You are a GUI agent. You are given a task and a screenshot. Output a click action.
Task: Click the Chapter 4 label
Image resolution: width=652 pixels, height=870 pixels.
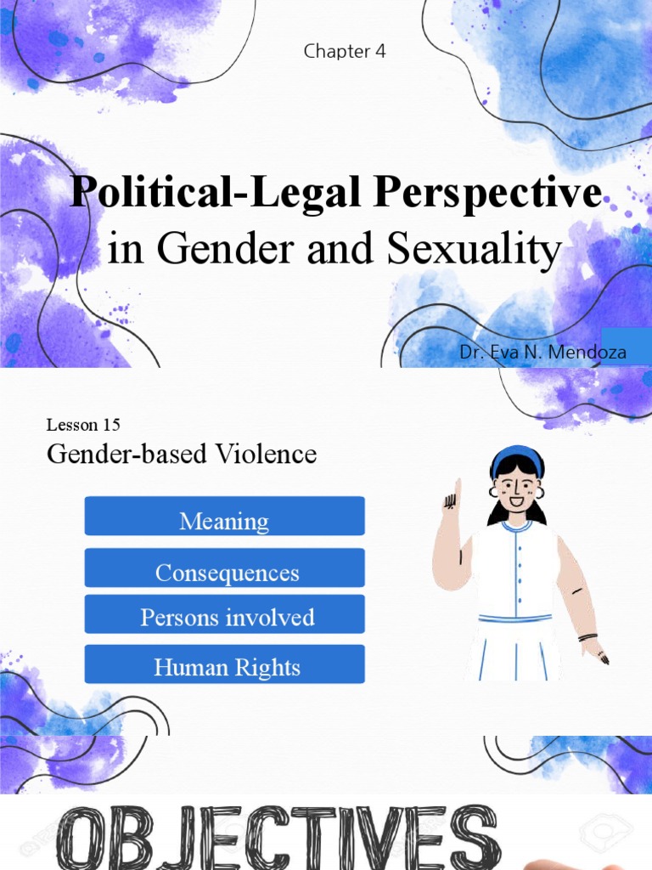pyautogui.click(x=345, y=51)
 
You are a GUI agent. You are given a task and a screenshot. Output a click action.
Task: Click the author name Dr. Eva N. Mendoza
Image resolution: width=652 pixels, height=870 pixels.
pyautogui.click(x=542, y=351)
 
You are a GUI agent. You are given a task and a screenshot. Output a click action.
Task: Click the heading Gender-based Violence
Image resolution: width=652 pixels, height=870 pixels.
pyautogui.click(x=182, y=455)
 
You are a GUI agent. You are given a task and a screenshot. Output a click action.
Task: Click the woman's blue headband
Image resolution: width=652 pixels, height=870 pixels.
pyautogui.click(x=516, y=456)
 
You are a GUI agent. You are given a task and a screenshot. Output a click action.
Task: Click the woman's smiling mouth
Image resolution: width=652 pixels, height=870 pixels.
pyautogui.click(x=516, y=501)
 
